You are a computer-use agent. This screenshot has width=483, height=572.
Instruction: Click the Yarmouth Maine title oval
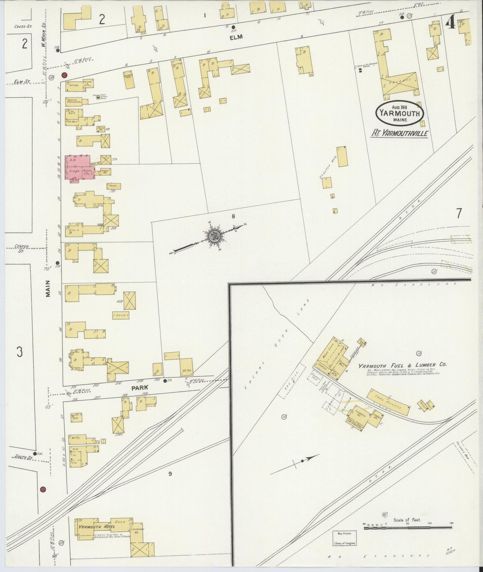click(x=400, y=113)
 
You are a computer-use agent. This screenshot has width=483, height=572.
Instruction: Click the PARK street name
click(x=139, y=388)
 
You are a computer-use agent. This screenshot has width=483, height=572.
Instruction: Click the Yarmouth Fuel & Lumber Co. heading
click(x=402, y=365)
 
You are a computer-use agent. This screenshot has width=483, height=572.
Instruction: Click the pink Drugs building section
click(x=74, y=171)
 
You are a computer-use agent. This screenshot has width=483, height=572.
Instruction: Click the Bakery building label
click(x=72, y=100)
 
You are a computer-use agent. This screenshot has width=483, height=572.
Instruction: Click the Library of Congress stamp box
click(x=344, y=538)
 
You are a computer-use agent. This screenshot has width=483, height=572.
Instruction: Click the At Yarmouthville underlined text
click(x=400, y=133)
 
